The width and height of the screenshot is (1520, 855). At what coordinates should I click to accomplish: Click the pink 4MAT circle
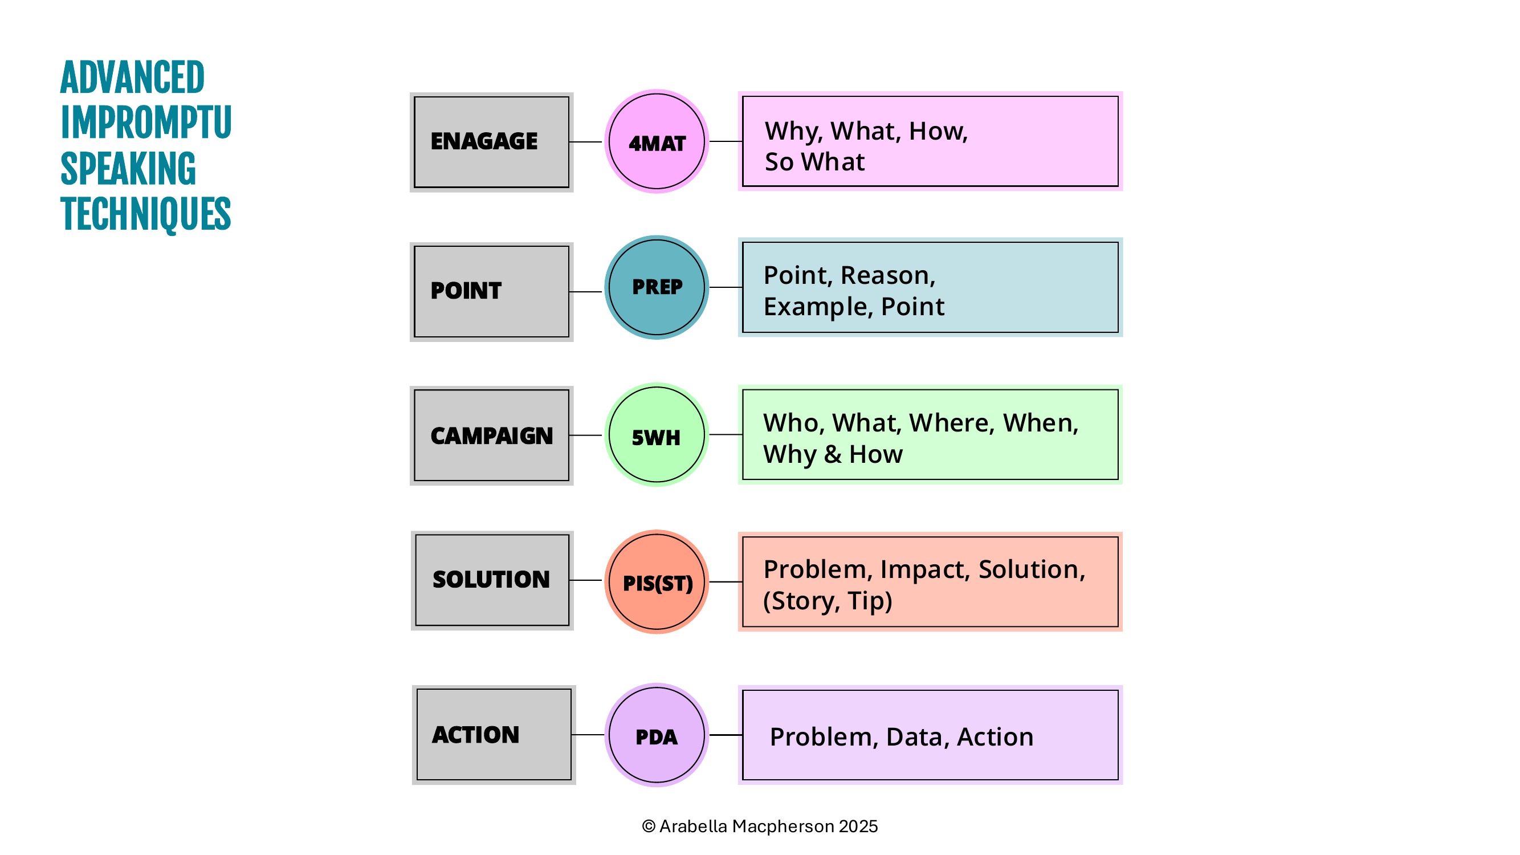[656, 141]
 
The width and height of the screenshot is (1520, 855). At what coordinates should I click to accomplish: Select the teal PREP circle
[656, 287]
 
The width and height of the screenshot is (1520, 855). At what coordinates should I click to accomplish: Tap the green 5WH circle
[656, 435]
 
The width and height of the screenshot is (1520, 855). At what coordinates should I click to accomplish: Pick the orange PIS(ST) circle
[656, 582]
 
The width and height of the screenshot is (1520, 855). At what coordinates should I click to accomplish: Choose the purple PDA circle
[656, 735]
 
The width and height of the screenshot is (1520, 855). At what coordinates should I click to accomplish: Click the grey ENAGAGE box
[491, 142]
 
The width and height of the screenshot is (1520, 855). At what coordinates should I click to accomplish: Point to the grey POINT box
[491, 291]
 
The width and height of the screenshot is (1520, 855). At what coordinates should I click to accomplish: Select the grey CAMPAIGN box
[491, 435]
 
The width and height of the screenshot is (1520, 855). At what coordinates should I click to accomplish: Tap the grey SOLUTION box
[492, 580]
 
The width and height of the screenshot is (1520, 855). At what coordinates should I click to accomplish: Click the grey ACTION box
[494, 735]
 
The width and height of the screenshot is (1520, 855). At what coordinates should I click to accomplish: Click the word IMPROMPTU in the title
[146, 123]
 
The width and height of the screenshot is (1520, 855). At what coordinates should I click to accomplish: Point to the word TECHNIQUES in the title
[145, 214]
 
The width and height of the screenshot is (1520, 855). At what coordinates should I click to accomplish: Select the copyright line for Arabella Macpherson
[760, 826]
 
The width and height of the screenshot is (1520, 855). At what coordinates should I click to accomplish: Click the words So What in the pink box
[814, 162]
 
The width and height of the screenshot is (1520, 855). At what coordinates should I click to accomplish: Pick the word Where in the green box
[952, 423]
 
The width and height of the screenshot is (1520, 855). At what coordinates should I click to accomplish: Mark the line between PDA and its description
[726, 735]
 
